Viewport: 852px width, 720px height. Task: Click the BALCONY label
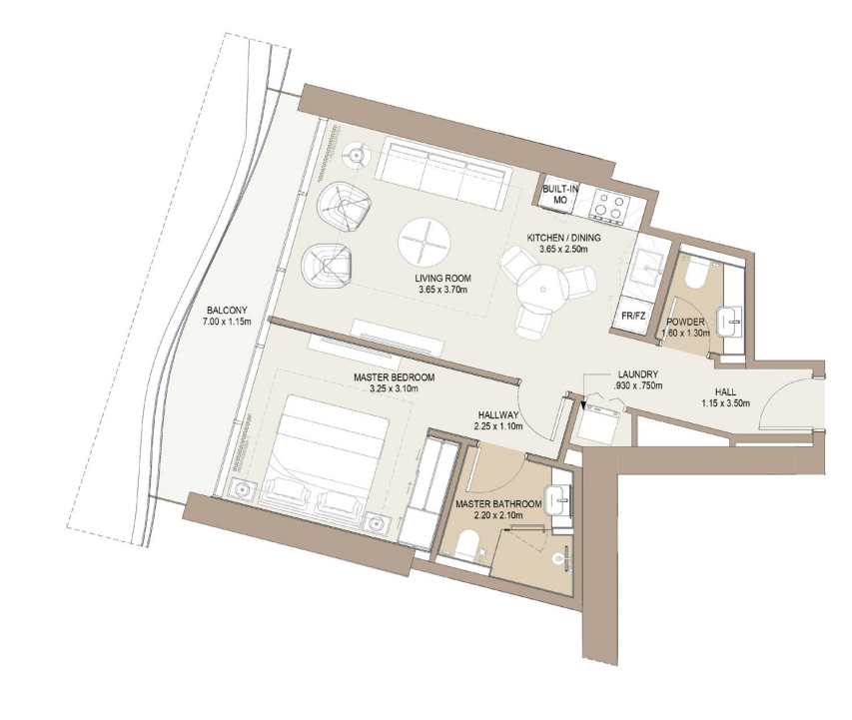[227, 311]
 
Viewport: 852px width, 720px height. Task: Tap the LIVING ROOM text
[442, 279]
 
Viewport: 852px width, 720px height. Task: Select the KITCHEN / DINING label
[563, 238]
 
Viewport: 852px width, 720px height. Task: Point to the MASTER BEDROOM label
[394, 377]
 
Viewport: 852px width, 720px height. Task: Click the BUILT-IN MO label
[560, 194]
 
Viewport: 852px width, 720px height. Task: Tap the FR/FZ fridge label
[633, 316]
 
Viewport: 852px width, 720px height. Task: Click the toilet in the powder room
[695, 274]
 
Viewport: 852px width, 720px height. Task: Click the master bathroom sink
[558, 499]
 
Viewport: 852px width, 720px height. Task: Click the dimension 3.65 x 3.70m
[442, 291]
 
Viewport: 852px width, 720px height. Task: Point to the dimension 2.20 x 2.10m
[498, 515]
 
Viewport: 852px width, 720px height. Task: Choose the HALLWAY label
[498, 415]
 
